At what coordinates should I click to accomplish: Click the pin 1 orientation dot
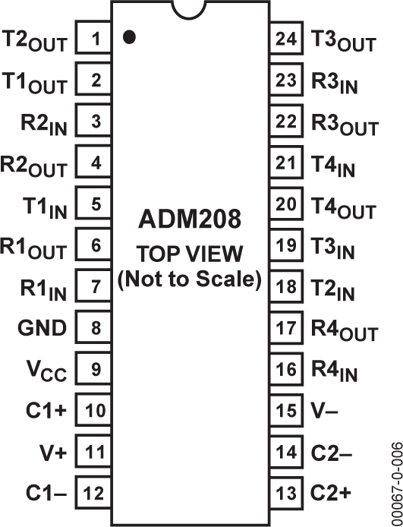[129, 37]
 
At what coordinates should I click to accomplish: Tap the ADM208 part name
[190, 219]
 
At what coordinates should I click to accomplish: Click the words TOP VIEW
[189, 254]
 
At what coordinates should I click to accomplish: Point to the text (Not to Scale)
[190, 279]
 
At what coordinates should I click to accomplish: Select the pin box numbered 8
[93, 327]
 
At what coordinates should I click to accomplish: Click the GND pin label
[43, 328]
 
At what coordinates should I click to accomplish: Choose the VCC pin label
[47, 371]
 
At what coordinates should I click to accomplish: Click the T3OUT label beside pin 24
[343, 41]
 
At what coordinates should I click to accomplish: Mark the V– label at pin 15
[324, 410]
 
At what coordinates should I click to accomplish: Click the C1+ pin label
[46, 410]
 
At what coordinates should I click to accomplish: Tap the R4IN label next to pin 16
[334, 372]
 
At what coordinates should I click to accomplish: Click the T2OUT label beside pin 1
[35, 41]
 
